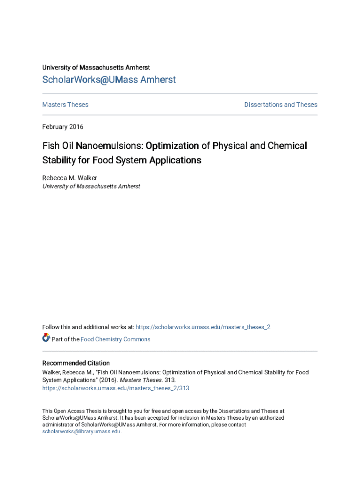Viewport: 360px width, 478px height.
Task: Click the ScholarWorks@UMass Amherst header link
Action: [x=109, y=80]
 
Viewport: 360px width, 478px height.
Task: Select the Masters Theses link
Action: [x=65, y=105]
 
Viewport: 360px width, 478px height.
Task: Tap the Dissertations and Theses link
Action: [x=281, y=105]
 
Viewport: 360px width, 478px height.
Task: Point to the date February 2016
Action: [x=63, y=127]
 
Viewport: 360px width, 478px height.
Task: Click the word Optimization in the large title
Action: [x=172, y=146]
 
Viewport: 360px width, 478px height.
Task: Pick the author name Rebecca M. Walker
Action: [x=70, y=178]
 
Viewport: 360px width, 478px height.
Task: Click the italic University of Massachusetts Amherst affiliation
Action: [x=91, y=186]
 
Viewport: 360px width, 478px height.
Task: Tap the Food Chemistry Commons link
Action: [x=115, y=339]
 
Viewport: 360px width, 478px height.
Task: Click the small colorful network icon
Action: [x=46, y=338]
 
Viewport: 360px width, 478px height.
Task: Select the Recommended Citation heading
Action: [x=76, y=363]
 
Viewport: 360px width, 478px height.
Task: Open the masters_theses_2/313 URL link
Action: [x=116, y=388]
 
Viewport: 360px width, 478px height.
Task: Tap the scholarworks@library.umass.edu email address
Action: [x=81, y=432]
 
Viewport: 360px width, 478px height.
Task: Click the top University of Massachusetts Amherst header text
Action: [x=96, y=68]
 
